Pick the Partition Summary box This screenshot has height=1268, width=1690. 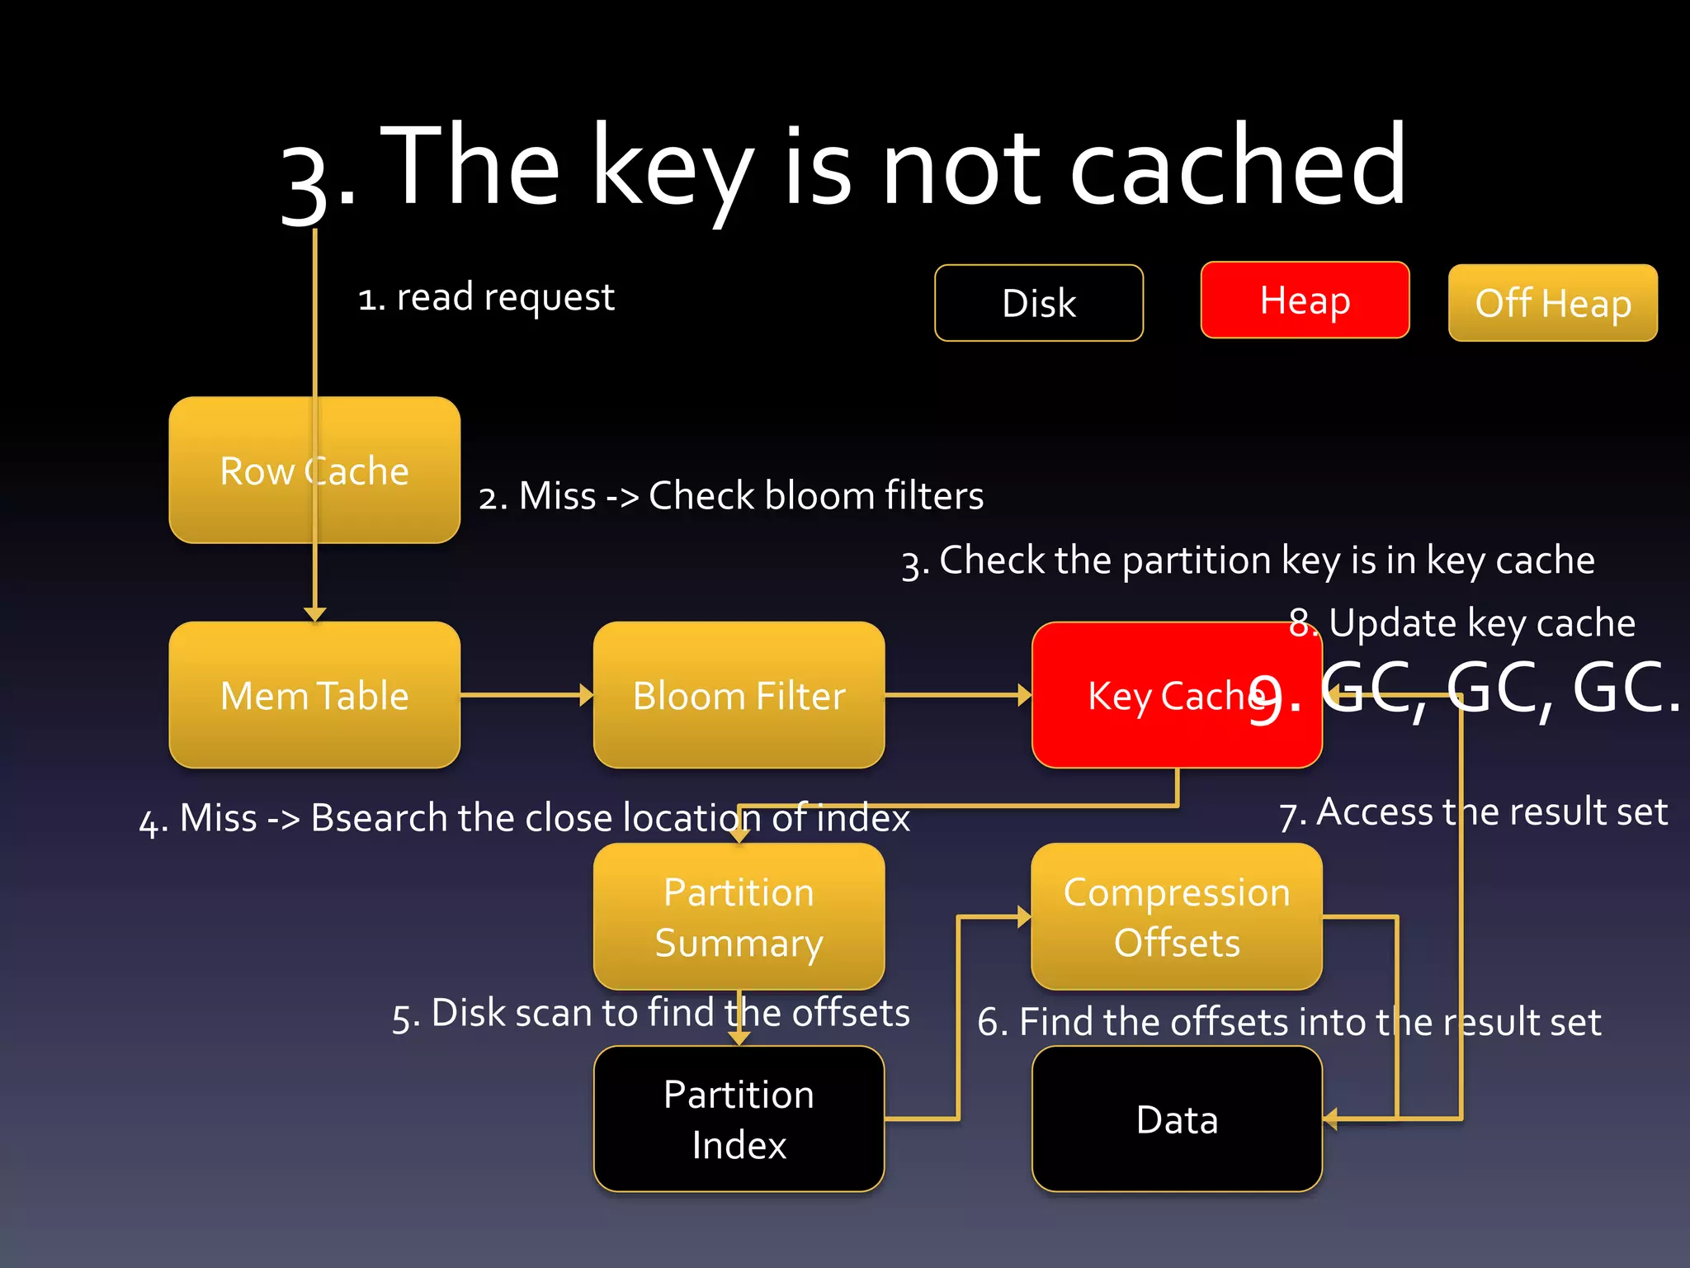tap(739, 916)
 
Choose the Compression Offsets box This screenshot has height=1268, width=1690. tap(1176, 916)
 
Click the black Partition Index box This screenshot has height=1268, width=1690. tap(739, 1119)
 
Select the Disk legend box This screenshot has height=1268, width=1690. tap(1038, 303)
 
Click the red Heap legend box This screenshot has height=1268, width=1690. tap(1305, 300)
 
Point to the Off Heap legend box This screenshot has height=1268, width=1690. tap(1552, 303)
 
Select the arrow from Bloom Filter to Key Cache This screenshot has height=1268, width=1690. tap(957, 695)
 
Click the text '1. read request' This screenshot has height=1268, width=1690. tap(486, 296)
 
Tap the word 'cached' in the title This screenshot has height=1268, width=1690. tap(1238, 165)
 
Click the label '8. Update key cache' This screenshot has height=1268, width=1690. tap(1461, 622)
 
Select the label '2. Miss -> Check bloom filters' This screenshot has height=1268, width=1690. tap(731, 495)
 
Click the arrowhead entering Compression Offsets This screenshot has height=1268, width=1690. tap(1024, 916)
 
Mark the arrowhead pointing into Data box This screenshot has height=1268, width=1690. tap(1330, 1119)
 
